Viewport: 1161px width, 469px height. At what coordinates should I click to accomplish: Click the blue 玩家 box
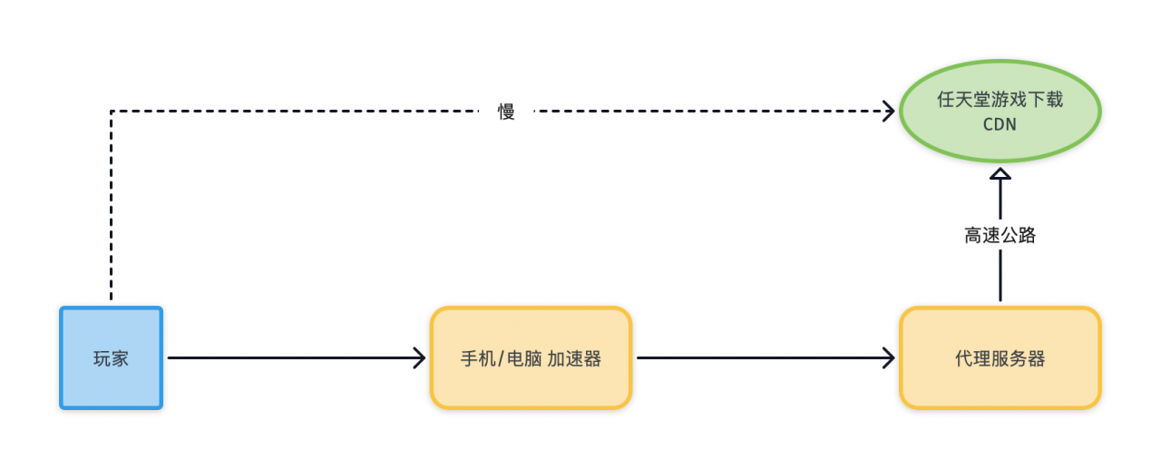[x=111, y=357]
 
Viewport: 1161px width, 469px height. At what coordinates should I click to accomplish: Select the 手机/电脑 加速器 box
[x=531, y=357]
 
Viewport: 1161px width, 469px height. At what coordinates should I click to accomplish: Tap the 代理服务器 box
[x=1000, y=357]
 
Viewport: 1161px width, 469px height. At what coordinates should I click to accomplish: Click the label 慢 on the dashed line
[x=506, y=112]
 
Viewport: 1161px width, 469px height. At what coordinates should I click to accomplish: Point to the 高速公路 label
[x=1000, y=236]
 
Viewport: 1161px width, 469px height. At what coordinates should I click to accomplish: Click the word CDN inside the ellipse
[x=1000, y=125]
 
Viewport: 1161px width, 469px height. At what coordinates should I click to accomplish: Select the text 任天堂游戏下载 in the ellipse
[x=1000, y=100]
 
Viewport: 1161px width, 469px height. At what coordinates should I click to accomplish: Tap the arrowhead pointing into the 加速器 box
[x=420, y=357]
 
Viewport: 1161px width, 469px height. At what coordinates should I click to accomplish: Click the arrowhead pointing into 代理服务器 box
[x=890, y=357]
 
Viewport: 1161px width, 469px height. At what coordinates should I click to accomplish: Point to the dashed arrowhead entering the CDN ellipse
[x=890, y=112]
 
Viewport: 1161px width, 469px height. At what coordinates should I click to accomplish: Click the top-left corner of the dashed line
[x=111, y=112]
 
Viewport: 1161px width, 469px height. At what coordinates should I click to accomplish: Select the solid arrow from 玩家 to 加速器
[x=290, y=357]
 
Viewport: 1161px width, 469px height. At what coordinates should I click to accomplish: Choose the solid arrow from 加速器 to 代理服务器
[x=762, y=357]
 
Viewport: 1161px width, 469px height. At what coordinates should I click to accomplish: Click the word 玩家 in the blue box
[x=111, y=358]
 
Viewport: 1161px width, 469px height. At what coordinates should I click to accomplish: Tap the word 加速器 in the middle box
[x=574, y=358]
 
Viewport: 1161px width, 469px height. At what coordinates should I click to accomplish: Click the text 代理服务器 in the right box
[x=1000, y=359]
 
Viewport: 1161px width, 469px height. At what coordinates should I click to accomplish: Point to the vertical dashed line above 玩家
[x=111, y=209]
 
